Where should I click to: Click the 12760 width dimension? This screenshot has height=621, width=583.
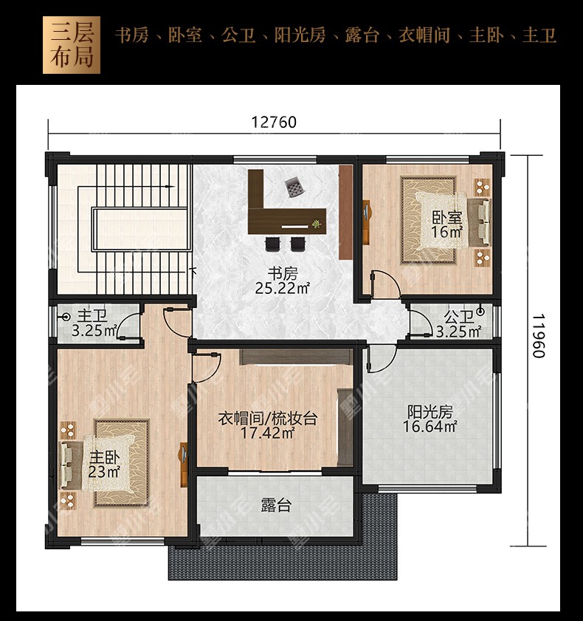(274, 122)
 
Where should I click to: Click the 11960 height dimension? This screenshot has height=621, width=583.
(538, 336)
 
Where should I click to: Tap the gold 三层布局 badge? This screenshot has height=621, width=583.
(72, 45)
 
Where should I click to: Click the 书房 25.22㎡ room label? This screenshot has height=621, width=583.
(282, 281)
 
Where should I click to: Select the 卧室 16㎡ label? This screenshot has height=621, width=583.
(447, 224)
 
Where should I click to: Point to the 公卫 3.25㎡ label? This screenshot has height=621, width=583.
(458, 324)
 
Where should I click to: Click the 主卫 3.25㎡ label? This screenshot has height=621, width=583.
(94, 323)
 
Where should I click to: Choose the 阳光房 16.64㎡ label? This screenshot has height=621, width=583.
(430, 419)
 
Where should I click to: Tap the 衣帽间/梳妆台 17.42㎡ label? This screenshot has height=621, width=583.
(268, 425)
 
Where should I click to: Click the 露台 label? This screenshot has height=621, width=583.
(276, 506)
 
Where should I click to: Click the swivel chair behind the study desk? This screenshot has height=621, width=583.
(294, 187)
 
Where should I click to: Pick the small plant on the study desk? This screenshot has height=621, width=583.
(316, 224)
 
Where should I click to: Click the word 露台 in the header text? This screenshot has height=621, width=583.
(362, 35)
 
